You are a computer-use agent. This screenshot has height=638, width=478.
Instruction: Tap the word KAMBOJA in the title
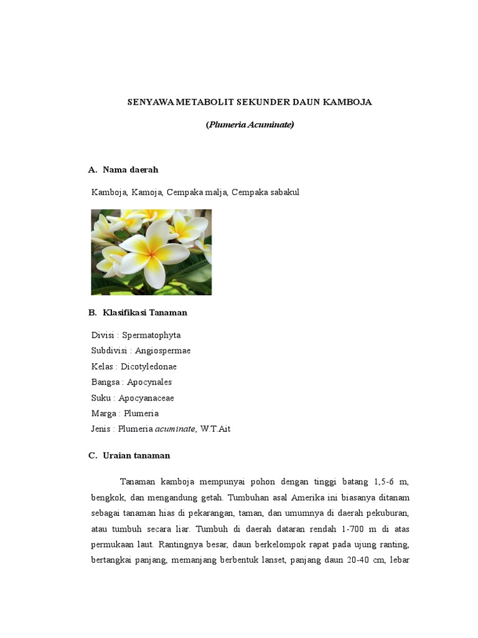[347, 102]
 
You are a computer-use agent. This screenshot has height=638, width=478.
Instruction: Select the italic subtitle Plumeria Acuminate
[250, 125]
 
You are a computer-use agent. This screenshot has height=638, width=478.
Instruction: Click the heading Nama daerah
[131, 169]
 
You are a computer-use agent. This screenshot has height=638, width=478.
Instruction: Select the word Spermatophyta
[151, 335]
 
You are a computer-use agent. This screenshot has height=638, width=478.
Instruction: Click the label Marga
[104, 413]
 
